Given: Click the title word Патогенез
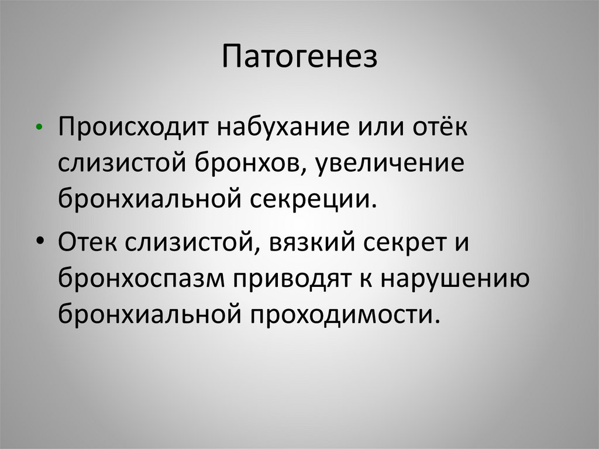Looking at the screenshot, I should point(299,59).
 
